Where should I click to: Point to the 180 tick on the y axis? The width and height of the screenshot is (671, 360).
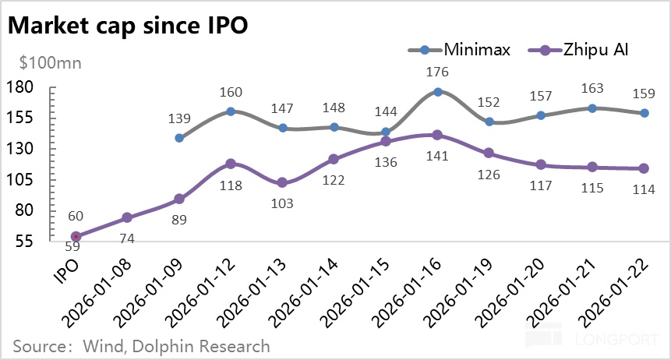21,86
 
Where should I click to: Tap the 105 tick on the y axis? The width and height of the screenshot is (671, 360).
21,179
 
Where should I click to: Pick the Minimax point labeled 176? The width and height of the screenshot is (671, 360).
438,92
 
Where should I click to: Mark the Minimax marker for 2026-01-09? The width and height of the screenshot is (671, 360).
179,138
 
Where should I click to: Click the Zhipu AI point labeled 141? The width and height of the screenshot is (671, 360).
438,135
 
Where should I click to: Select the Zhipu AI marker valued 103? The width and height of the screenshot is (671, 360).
282,183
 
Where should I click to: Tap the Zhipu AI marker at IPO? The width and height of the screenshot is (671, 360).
76,236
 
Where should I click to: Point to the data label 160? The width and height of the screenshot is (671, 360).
231,93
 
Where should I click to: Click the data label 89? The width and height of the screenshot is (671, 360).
179,220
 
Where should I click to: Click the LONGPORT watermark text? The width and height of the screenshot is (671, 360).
620,341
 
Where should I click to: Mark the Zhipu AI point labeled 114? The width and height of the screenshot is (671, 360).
644,168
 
